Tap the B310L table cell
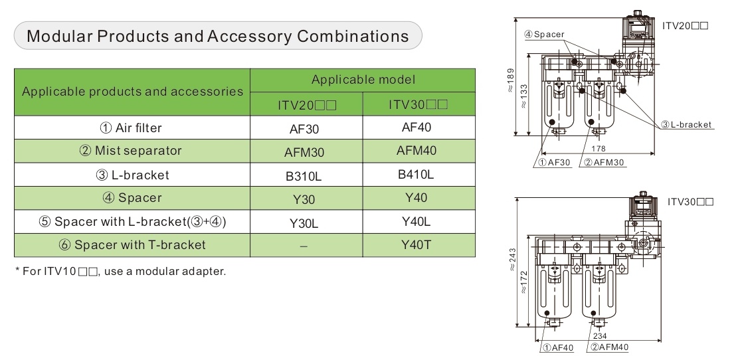(306, 176)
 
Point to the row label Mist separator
(131, 151)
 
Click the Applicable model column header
(363, 80)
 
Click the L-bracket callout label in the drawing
(686, 124)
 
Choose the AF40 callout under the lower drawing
(555, 347)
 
